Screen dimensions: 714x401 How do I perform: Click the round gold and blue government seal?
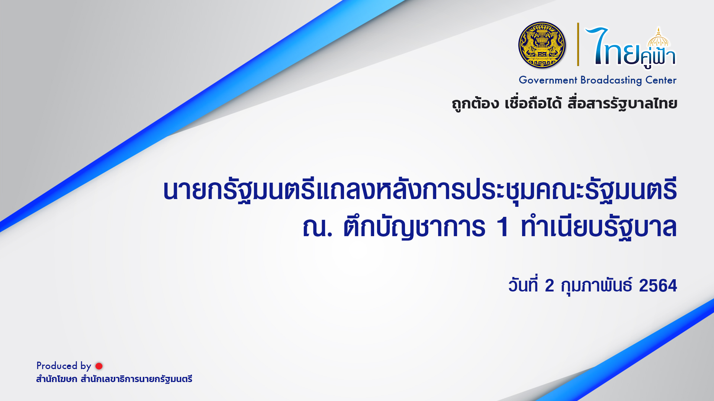pyautogui.click(x=542, y=45)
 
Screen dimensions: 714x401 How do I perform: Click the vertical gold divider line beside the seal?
pyautogui.click(x=578, y=44)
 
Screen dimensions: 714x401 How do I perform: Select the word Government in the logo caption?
pyautogui.click(x=548, y=80)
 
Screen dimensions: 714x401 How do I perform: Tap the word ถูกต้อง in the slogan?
pyautogui.click(x=475, y=104)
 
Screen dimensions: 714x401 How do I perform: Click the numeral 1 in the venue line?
pyautogui.click(x=503, y=227)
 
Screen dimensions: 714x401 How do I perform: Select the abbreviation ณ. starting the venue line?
pyautogui.click(x=317, y=227)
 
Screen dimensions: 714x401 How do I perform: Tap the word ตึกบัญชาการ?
pyautogui.click(x=414, y=227)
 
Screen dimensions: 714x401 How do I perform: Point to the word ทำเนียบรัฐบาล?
pyautogui.click(x=599, y=227)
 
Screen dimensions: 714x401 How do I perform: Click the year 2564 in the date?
pyautogui.click(x=658, y=286)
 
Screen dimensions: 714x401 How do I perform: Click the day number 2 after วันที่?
pyautogui.click(x=549, y=286)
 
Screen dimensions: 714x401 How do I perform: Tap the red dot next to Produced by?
pyautogui.click(x=99, y=366)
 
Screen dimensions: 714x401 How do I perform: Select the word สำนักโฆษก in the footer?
pyautogui.click(x=57, y=379)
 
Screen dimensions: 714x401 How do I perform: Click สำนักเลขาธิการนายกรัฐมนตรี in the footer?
pyautogui.click(x=136, y=379)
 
